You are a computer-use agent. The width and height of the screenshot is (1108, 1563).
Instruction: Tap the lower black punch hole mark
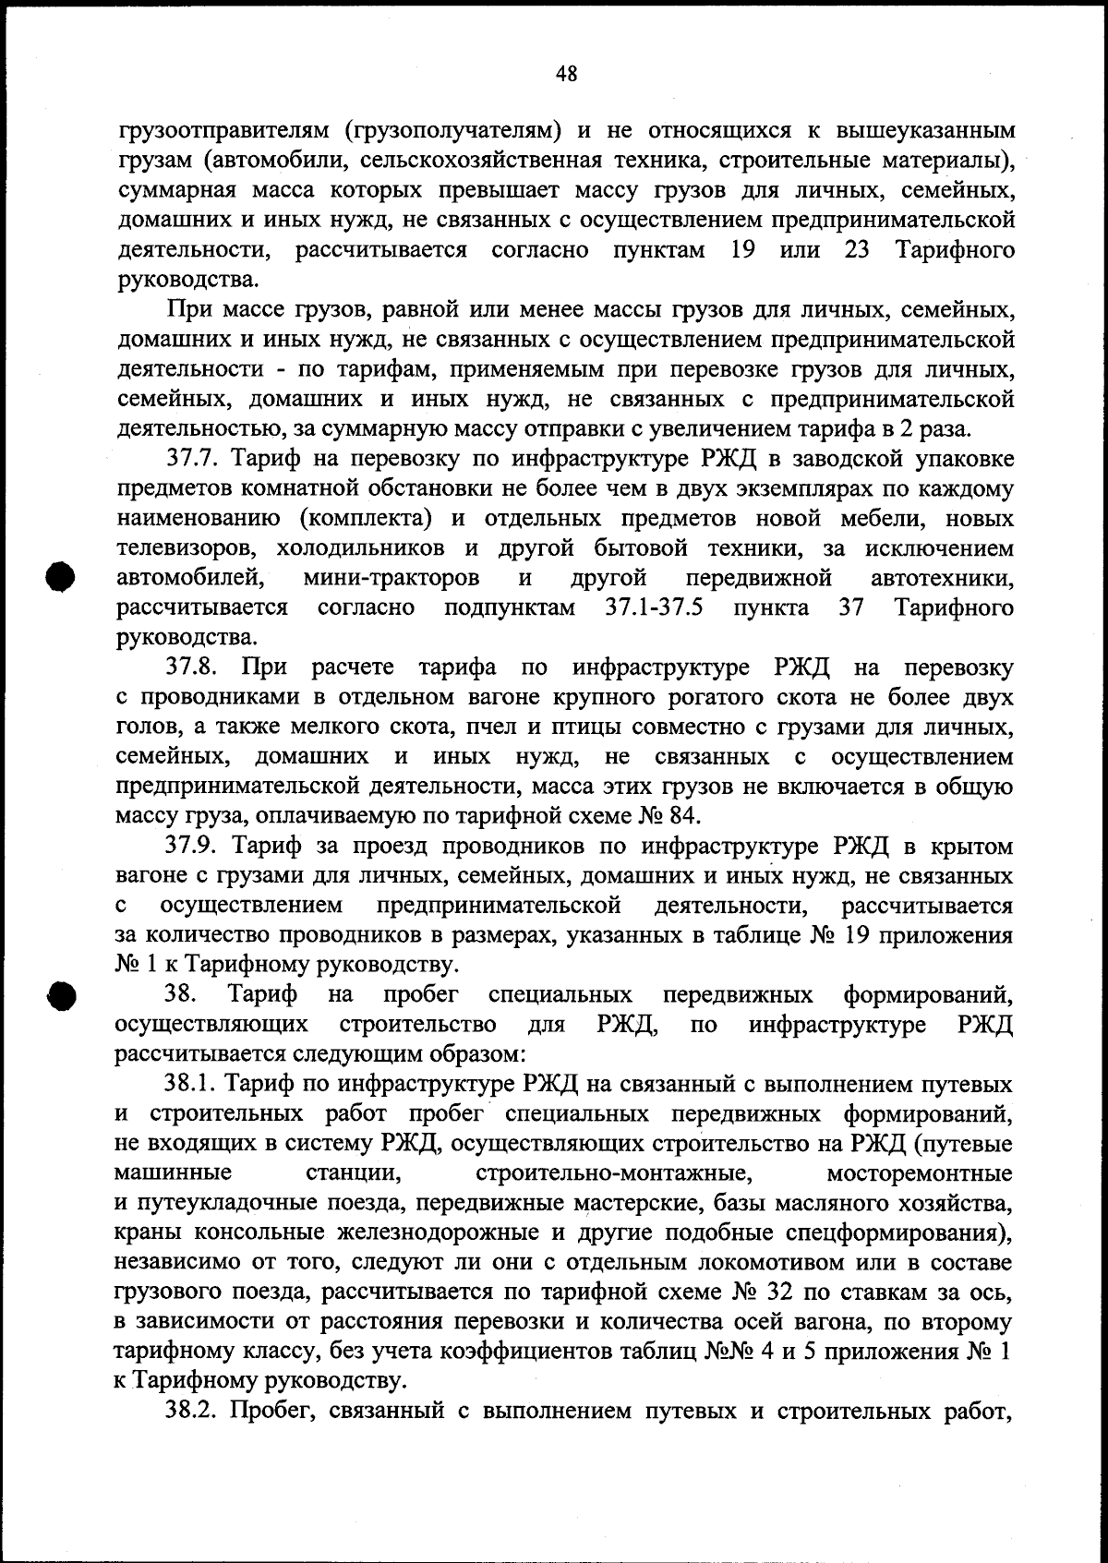tap(60, 994)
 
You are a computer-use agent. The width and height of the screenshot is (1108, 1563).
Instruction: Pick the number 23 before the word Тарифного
tap(858, 250)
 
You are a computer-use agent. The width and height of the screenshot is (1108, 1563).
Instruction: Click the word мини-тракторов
tap(391, 578)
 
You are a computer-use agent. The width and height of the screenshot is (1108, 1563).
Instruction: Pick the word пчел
tap(549, 727)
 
